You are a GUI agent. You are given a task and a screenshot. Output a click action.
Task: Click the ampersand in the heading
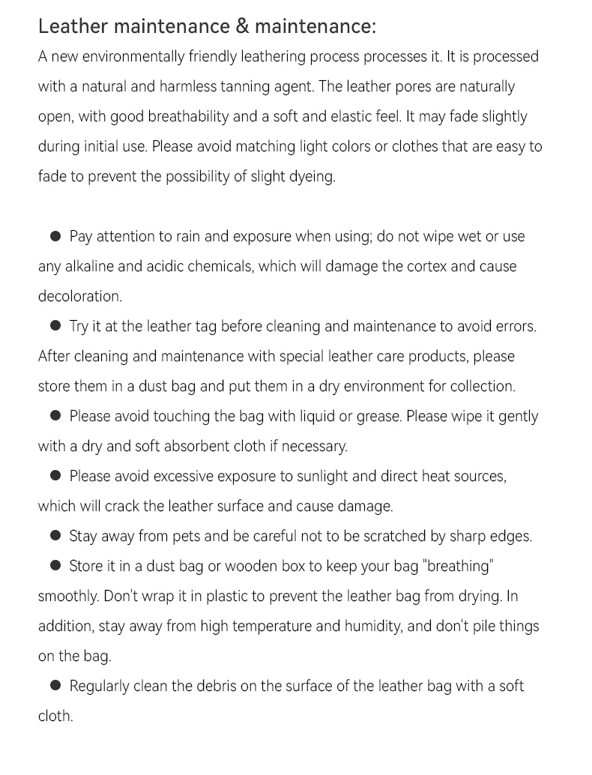(x=241, y=26)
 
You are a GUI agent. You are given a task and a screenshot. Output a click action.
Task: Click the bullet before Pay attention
(x=55, y=236)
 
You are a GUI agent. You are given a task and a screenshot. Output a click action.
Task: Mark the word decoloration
(x=79, y=296)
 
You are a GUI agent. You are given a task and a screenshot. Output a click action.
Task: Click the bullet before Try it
(x=55, y=326)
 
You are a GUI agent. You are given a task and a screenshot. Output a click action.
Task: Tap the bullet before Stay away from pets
(x=55, y=536)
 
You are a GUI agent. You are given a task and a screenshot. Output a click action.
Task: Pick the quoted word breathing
(x=459, y=566)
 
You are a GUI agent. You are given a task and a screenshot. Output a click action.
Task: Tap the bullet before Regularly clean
(x=55, y=686)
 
